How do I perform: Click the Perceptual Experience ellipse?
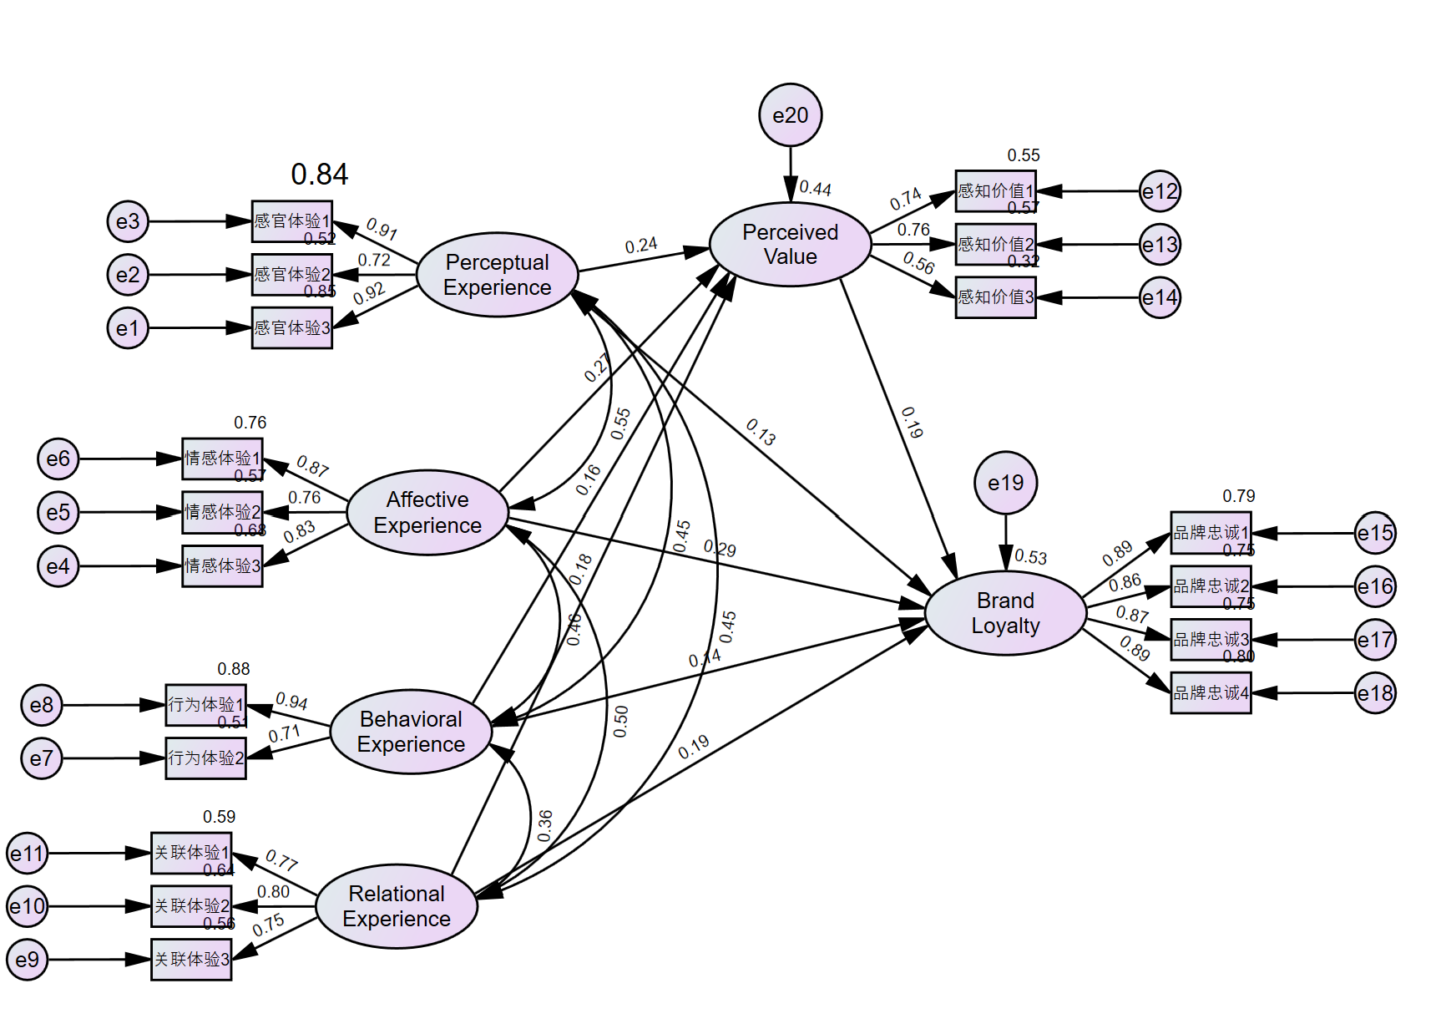pos(497,275)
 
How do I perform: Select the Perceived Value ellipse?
pos(790,245)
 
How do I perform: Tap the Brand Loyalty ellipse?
pos(1005,613)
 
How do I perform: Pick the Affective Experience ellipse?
pos(427,512)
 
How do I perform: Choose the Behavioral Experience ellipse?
pos(411,732)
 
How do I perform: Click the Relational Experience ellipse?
pos(397,906)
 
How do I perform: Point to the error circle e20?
pos(790,115)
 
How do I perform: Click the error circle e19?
pos(1005,483)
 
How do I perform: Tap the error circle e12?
pos(1160,191)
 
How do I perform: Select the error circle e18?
pos(1375,693)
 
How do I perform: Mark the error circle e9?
pos(28,960)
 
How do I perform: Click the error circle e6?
pos(58,459)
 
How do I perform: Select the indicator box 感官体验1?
pos(292,221)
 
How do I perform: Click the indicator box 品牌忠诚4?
pos(1211,693)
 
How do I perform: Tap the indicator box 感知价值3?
pos(995,297)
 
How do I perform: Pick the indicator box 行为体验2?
pos(205,758)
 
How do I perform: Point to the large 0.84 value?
pos(319,175)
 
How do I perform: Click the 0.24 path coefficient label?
pos(641,246)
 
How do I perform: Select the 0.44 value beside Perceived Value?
pos(815,189)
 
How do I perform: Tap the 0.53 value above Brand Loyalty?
pos(1030,557)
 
